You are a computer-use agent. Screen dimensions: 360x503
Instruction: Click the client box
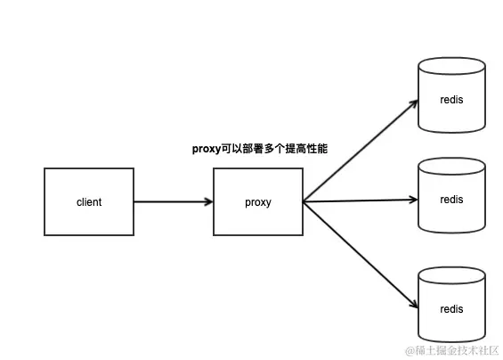89,201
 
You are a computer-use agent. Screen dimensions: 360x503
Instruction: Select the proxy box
258,201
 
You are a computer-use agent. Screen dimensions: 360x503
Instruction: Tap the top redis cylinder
451,95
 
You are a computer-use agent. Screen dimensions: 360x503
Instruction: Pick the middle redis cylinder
451,196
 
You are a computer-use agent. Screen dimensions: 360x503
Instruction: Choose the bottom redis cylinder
451,303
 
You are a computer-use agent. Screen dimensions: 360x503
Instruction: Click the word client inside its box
89,202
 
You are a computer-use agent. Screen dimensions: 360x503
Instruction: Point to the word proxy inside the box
258,202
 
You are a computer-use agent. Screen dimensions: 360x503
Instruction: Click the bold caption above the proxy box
260,149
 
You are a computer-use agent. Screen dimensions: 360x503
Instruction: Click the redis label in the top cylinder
451,99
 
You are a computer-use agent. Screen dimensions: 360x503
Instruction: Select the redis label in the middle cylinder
451,200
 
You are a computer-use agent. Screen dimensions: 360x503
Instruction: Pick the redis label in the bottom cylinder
451,307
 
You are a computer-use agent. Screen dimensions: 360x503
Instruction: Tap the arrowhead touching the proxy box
207,201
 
